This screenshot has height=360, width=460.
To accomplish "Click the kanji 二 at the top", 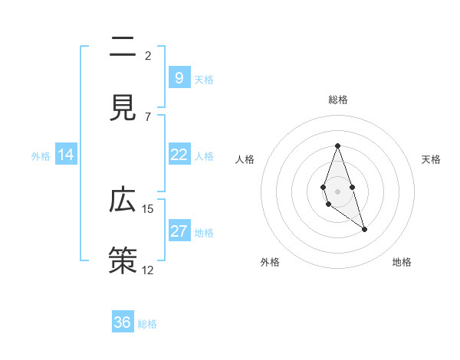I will (123, 48).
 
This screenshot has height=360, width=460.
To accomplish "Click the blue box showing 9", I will (179, 77).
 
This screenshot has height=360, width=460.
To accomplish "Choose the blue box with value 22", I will (179, 155).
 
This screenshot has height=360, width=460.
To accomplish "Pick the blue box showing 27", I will (179, 231).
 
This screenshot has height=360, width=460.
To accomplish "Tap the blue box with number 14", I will (66, 155).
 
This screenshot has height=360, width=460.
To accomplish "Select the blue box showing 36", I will (122, 322).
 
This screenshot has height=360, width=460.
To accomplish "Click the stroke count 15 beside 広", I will (148, 208).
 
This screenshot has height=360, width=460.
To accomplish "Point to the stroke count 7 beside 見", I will (148, 116).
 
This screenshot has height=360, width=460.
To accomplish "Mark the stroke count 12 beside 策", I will (148, 270).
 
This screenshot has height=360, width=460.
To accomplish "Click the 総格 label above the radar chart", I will (337, 100).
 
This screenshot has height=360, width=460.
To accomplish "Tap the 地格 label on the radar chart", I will (402, 262).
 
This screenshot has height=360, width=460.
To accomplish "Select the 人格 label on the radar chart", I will (245, 159).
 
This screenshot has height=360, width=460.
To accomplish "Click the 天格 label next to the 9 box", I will (204, 79).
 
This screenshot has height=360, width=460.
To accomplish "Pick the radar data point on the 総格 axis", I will (337, 146).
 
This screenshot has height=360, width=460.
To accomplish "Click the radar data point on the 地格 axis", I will (364, 229).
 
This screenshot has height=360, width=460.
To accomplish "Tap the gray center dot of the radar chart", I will (337, 190).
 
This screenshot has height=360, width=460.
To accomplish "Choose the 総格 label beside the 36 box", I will (147, 324).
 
